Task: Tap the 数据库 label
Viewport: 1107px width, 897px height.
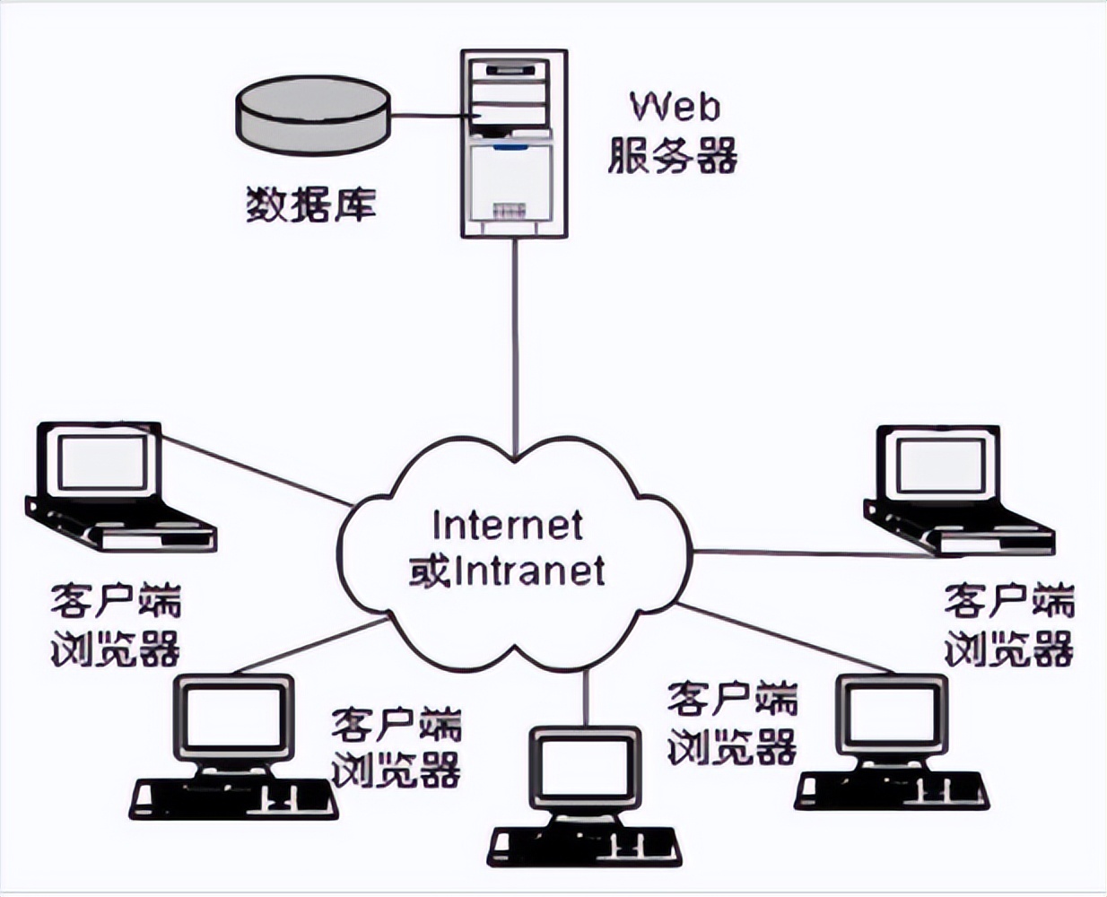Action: coord(310,205)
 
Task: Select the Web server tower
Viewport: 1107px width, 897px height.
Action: coord(515,144)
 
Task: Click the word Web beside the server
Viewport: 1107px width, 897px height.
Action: coord(675,107)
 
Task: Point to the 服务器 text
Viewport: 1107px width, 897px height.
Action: coord(673,155)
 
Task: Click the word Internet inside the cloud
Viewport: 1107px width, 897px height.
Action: coord(508,525)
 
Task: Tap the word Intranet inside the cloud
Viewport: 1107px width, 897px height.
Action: coord(531,571)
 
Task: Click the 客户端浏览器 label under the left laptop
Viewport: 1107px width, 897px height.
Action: coord(117,625)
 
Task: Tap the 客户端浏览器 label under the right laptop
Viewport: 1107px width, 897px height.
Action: coord(1008,625)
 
